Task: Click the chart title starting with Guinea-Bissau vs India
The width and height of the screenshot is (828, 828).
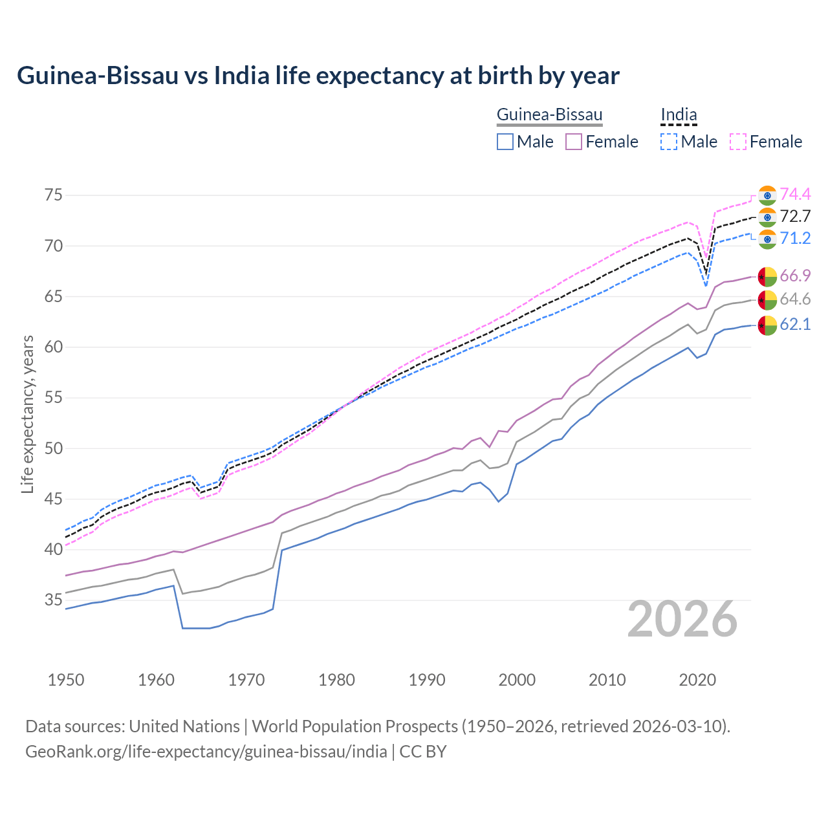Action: pyautogui.click(x=318, y=76)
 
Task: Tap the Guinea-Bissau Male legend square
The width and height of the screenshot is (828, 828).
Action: pyautogui.click(x=506, y=142)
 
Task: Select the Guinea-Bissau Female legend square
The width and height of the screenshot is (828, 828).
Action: pyautogui.click(x=574, y=142)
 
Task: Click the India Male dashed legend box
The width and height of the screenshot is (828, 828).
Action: pyautogui.click(x=670, y=142)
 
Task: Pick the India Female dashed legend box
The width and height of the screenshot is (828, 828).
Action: pyautogui.click(x=738, y=142)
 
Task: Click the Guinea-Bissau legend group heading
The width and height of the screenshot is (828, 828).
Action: pyautogui.click(x=549, y=115)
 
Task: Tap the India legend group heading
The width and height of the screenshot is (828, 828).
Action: pyautogui.click(x=679, y=115)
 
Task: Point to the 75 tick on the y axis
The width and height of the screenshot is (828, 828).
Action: pyautogui.click(x=53, y=195)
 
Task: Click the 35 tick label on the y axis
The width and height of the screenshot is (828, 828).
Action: pyautogui.click(x=53, y=600)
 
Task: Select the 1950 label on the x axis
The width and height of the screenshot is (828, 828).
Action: pyautogui.click(x=66, y=680)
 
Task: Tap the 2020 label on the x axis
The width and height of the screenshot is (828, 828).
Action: pyautogui.click(x=697, y=680)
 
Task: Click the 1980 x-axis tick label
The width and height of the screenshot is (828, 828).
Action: pyautogui.click(x=336, y=680)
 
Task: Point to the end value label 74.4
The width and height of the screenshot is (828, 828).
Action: pyautogui.click(x=795, y=195)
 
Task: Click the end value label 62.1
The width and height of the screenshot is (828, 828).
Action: pyautogui.click(x=795, y=325)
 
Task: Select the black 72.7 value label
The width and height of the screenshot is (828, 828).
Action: pyautogui.click(x=795, y=217)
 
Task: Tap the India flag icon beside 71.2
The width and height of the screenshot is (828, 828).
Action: pyautogui.click(x=767, y=239)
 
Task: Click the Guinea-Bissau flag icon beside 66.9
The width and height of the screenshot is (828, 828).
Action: pyautogui.click(x=767, y=276)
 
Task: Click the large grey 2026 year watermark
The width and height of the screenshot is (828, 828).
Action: pyautogui.click(x=682, y=620)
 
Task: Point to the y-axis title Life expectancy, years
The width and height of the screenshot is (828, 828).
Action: pyautogui.click(x=28, y=414)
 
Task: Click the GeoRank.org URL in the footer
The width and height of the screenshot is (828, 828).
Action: pyautogui.click(x=206, y=752)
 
